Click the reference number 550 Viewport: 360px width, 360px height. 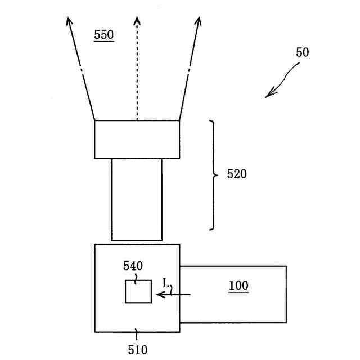(x=103, y=35)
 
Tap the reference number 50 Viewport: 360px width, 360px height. (x=302, y=53)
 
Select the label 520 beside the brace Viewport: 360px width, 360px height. (x=237, y=174)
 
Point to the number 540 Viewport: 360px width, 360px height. (x=133, y=266)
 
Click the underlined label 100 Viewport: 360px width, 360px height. (x=238, y=286)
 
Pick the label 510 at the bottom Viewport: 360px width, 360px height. (x=137, y=350)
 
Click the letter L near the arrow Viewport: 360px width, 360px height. (x=166, y=282)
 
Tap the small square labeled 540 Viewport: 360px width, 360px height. (x=138, y=291)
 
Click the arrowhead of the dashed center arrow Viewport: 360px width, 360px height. (x=137, y=22)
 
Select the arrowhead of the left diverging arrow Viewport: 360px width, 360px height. (x=69, y=22)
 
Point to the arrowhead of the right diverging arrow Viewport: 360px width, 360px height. (x=198, y=22)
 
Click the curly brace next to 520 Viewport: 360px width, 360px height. (x=213, y=175)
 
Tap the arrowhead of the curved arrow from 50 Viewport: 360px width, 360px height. (x=270, y=93)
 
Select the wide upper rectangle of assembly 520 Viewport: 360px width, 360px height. (x=137, y=139)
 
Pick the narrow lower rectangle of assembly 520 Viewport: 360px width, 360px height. (x=137, y=199)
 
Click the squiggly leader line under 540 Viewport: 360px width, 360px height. (x=136, y=276)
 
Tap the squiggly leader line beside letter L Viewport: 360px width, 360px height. (x=172, y=289)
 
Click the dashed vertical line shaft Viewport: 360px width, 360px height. (x=137, y=73)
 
